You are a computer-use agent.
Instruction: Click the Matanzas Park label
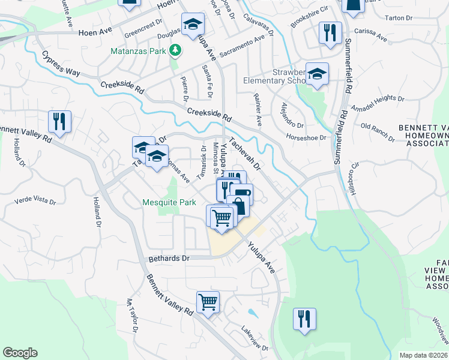point(138,51)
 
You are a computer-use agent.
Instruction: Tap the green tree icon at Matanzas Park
point(175,50)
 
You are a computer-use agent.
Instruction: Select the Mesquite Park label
point(169,202)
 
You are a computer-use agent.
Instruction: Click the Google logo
point(20,353)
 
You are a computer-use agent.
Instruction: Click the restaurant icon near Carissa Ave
point(330,34)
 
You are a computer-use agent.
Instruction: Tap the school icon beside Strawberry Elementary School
point(317,74)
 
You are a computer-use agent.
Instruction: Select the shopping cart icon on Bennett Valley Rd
point(208,302)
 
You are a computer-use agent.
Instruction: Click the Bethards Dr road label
point(169,258)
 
